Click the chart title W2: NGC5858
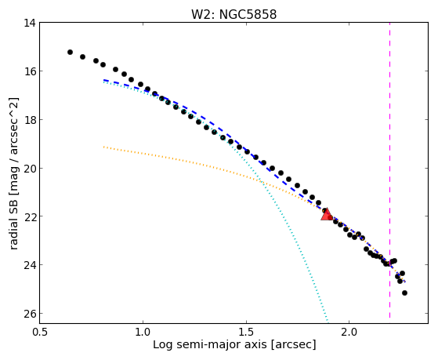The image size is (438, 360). click(x=233, y=14)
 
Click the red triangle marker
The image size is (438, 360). click(x=327, y=215)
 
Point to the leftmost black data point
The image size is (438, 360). click(x=70, y=52)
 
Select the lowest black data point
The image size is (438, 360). click(x=404, y=293)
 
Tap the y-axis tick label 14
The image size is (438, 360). click(x=30, y=23)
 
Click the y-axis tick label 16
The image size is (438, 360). click(x=30, y=71)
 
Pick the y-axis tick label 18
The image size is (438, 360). click(x=30, y=119)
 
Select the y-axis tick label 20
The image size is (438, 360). click(x=30, y=168)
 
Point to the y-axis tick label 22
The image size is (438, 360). click(x=30, y=216)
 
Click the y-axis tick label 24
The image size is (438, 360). click(x=30, y=264)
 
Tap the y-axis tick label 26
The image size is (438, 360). click(x=30, y=313)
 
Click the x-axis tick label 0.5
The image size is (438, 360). click(x=40, y=332)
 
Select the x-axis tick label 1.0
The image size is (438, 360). click(x=143, y=332)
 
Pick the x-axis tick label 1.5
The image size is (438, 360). click(x=246, y=332)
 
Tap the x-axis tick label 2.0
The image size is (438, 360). click(x=349, y=332)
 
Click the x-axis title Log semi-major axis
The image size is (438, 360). click(x=210, y=344)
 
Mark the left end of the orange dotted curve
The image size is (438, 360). click(x=103, y=147)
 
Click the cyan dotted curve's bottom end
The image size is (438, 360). click(x=328, y=321)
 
